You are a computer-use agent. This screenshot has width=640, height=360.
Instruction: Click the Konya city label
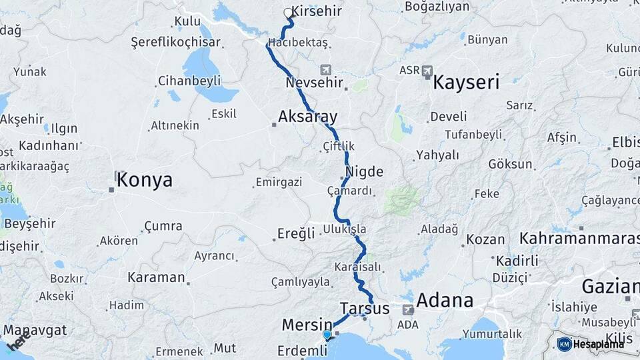point(145,180)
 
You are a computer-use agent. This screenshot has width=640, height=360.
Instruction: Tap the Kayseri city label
point(466,83)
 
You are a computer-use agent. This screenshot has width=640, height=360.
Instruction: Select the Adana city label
point(445,301)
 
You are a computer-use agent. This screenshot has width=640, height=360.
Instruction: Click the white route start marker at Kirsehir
point(288,13)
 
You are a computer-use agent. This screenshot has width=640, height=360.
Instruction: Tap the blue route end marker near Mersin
point(327,335)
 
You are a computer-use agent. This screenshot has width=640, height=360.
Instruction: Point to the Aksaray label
point(307,117)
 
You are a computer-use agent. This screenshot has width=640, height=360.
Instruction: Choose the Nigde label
point(365,171)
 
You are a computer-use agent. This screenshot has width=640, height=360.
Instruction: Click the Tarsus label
point(364,308)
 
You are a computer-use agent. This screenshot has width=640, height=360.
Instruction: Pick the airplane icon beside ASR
point(427,70)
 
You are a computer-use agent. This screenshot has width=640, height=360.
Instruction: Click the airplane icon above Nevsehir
point(326,69)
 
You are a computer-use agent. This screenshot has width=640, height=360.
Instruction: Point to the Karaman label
point(156,277)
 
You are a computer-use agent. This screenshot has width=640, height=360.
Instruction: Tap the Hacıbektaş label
point(298,43)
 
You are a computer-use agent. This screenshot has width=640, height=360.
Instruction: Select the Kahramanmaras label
point(579,238)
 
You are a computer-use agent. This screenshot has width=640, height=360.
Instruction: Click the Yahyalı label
point(437,155)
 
